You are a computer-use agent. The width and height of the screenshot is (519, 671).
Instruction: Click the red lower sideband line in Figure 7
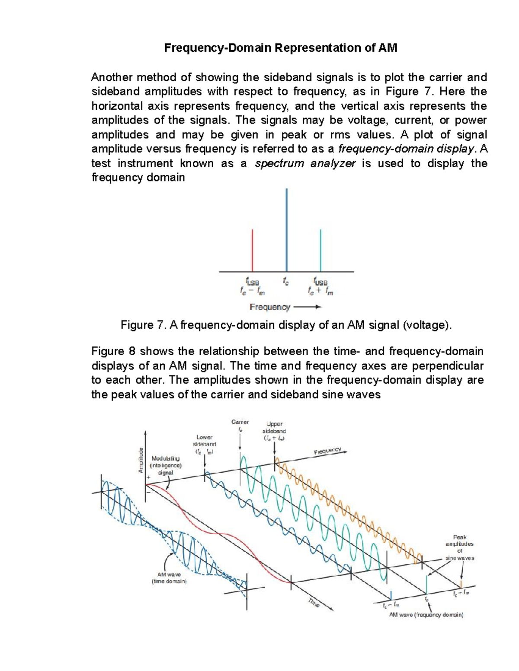click(x=253, y=251)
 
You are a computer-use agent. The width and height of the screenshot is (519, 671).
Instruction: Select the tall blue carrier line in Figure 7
click(x=286, y=229)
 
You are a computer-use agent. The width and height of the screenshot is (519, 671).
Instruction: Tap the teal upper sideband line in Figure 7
click(x=320, y=251)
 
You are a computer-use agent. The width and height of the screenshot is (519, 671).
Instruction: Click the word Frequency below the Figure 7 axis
click(x=270, y=307)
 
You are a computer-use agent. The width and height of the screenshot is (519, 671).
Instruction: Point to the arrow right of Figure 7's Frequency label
click(x=307, y=307)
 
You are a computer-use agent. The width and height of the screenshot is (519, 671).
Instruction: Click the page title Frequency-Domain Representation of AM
click(x=280, y=48)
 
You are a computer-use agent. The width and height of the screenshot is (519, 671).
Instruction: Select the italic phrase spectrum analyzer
click(x=305, y=163)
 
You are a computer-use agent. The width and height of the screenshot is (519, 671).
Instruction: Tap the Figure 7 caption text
click(x=286, y=325)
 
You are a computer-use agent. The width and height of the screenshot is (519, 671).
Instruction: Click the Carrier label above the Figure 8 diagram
click(x=240, y=422)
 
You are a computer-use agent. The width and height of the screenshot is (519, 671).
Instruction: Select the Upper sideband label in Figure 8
click(x=274, y=431)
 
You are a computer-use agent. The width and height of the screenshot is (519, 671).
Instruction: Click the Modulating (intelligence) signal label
click(x=165, y=465)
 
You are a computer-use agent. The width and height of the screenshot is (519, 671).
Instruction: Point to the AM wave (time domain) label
click(x=169, y=578)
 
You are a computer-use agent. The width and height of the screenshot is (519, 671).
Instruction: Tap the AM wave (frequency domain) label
click(x=426, y=614)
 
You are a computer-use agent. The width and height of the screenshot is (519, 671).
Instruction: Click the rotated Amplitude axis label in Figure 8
click(x=141, y=460)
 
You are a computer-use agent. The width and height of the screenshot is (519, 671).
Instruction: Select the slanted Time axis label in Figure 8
click(x=314, y=603)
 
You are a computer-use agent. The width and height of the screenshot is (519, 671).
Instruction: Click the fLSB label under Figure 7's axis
click(x=252, y=281)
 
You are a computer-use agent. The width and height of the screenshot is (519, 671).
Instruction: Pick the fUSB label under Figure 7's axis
click(x=320, y=281)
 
